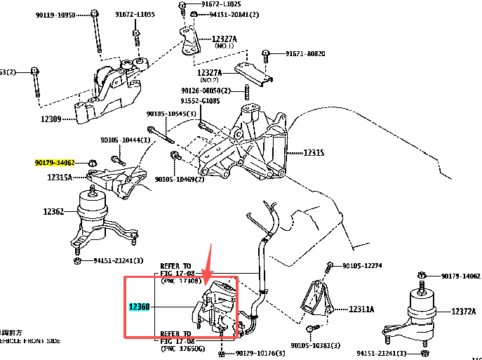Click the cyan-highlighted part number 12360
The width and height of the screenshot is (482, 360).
[139, 307]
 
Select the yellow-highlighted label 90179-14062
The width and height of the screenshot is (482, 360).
[55, 163]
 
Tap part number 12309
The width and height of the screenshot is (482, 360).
[52, 119]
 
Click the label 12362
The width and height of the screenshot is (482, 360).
[53, 211]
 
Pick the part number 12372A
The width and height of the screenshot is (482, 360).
[464, 311]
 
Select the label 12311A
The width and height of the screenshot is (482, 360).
[361, 309]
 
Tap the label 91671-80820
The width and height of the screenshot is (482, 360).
[305, 53]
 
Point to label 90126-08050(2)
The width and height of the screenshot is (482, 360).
[206, 91]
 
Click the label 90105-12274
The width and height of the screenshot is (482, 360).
[362, 265]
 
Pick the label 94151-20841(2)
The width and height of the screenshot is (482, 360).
[234, 15]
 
